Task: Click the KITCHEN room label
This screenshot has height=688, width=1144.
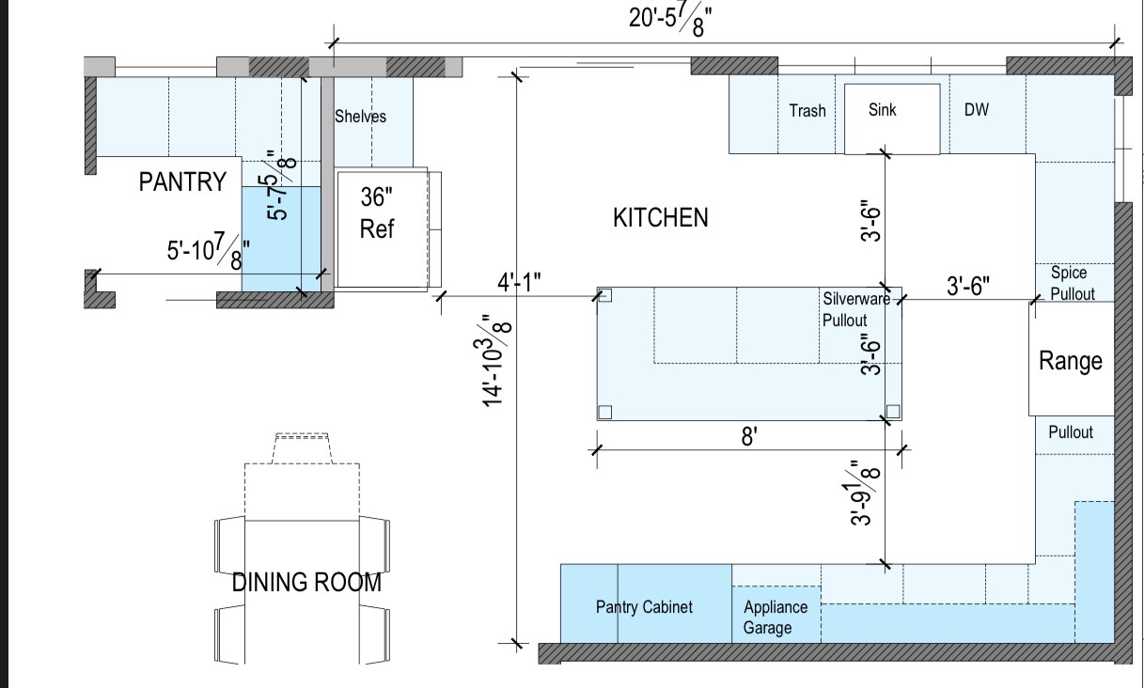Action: [660, 218]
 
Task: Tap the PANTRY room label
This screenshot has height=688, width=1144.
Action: [182, 181]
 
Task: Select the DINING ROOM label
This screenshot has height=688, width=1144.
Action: [306, 583]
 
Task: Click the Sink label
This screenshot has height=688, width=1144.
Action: [882, 110]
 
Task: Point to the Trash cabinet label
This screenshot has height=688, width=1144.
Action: [807, 110]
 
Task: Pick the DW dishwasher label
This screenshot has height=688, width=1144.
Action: [977, 110]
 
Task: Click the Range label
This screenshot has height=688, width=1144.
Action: [1071, 362]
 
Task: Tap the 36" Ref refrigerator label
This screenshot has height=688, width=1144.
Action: [377, 213]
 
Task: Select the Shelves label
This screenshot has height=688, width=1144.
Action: [360, 117]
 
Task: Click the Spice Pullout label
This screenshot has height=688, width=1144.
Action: [1073, 283]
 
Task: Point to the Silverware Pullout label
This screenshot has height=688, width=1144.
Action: [856, 309]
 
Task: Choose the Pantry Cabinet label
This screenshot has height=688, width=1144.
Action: [644, 607]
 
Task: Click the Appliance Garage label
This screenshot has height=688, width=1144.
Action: [776, 617]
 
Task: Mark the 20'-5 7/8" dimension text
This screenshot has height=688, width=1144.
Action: [670, 22]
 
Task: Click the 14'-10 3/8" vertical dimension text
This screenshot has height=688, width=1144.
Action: [494, 361]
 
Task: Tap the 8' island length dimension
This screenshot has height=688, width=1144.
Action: [749, 437]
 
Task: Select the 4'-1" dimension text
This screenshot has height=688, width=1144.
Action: [519, 282]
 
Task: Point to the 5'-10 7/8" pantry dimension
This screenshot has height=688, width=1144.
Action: [209, 250]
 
